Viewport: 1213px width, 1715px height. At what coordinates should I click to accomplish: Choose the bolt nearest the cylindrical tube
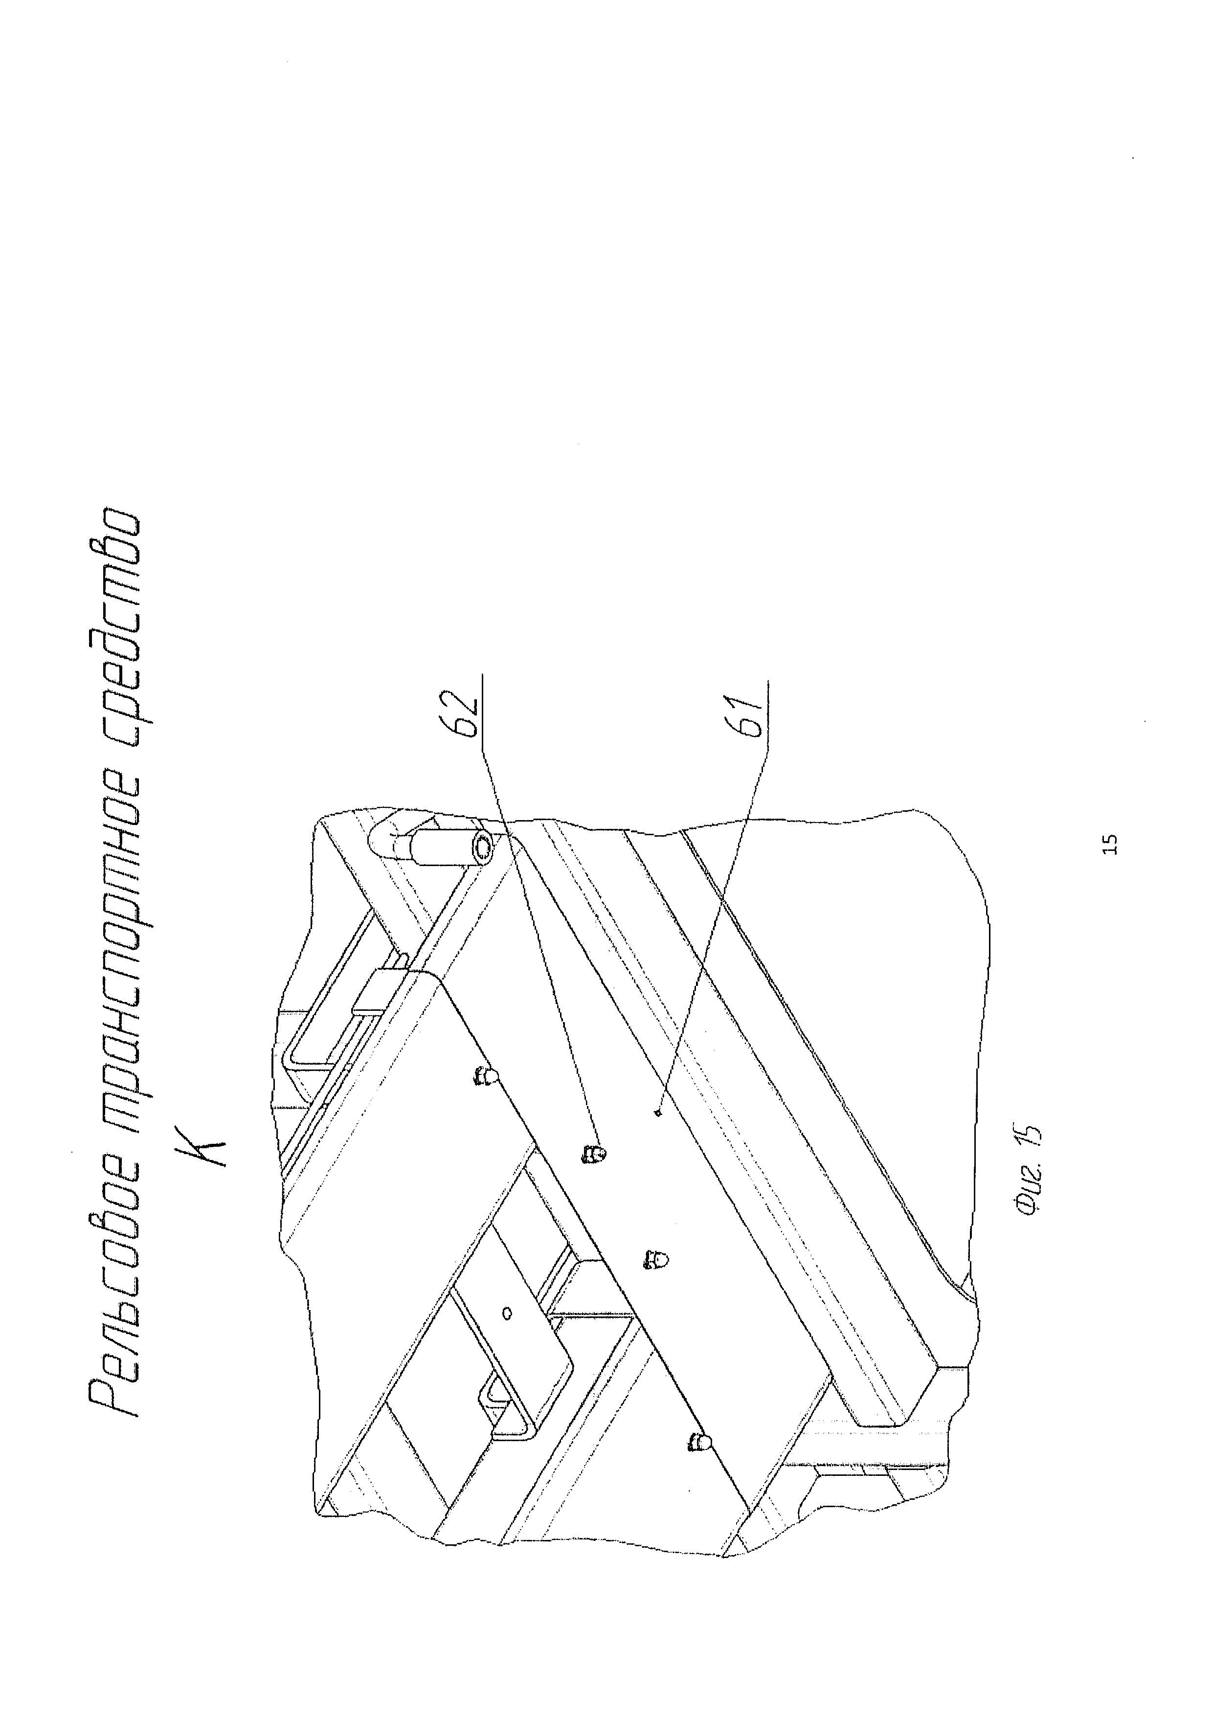point(486,1076)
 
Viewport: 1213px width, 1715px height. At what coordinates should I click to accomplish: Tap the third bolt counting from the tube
point(656,1259)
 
